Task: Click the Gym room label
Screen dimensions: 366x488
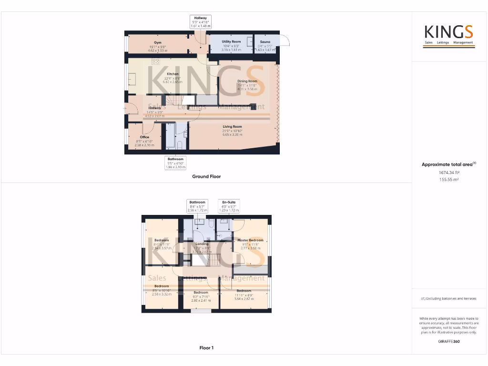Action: coord(157,42)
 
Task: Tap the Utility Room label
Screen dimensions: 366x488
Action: coord(231,41)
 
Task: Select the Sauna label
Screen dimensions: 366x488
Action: coord(264,42)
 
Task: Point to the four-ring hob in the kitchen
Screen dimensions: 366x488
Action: coord(156,61)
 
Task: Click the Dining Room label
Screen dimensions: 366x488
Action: coord(247,81)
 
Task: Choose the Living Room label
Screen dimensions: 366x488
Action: coord(232,127)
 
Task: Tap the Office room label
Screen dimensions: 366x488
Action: coord(144,137)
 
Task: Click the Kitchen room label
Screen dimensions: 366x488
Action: coord(173,74)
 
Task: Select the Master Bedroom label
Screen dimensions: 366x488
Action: coord(250,240)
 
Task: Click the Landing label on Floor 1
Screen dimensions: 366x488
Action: coord(203,244)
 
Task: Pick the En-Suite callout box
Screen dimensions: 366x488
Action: coord(229,206)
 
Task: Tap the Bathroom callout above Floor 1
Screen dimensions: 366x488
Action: coord(197,206)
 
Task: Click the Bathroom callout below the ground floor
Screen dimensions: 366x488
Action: coord(175,163)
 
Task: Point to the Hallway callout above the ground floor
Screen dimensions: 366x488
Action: coord(200,21)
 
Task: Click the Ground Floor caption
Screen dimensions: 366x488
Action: coord(206,176)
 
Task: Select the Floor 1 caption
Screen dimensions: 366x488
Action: coord(206,348)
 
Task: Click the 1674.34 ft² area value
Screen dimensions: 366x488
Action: coord(448,173)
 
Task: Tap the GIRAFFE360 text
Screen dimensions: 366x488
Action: coord(448,341)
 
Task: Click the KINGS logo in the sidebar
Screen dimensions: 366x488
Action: coord(449,33)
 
